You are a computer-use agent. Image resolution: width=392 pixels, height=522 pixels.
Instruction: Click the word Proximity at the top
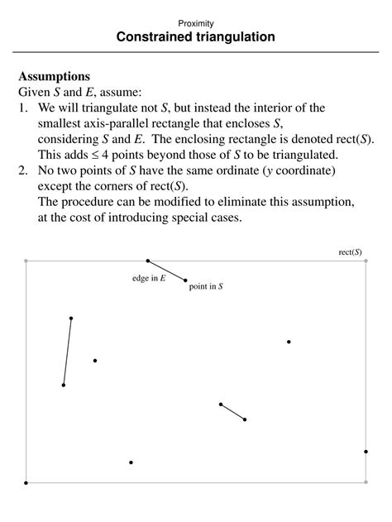pos(196,23)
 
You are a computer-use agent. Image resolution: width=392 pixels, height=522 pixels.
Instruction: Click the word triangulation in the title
pos(224,37)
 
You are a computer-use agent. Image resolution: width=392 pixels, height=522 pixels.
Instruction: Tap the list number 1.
pos(22,108)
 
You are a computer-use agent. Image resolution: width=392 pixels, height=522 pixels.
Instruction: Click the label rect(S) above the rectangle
pos(350,251)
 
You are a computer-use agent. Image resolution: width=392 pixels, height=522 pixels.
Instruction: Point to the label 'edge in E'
pos(149,279)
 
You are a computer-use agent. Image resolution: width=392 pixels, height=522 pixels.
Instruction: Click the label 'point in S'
pos(206,286)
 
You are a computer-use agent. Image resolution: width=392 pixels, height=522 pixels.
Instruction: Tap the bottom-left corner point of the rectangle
pos(26,482)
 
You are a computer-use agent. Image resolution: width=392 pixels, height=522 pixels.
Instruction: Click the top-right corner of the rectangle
pos(366,261)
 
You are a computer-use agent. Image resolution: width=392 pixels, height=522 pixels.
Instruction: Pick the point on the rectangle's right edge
pos(366,452)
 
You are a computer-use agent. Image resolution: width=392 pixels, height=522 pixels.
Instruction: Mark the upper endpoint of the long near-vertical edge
pos(71,318)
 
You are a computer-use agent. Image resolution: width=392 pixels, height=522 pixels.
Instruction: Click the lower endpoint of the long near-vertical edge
pos(64,385)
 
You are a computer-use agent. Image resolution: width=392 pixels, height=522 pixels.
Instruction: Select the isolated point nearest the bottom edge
pos(131,462)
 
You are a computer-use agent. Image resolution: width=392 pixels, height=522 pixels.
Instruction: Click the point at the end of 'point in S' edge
pos(185,280)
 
